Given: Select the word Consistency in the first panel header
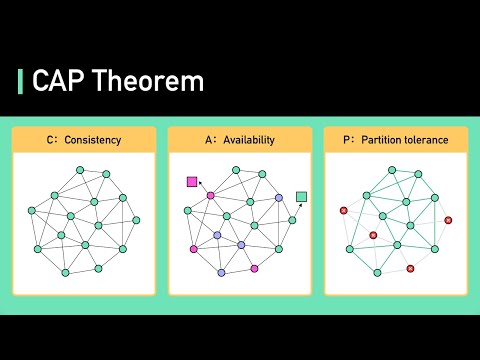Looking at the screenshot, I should click(92, 140).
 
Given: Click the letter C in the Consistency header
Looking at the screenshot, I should click(50, 140).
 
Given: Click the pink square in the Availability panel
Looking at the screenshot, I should click(192, 182).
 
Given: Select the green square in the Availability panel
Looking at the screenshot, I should click(302, 196).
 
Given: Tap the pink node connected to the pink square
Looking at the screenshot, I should click(210, 195).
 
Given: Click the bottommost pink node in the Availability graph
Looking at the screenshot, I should click(255, 269).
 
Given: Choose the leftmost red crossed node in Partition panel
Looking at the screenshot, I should click(344, 210).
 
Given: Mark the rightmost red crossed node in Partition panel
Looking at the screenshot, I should click(448, 220).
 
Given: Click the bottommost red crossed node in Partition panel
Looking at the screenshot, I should click(411, 268).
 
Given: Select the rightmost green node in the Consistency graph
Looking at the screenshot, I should click(136, 220).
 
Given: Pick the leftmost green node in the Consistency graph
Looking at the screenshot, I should click(31, 210).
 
